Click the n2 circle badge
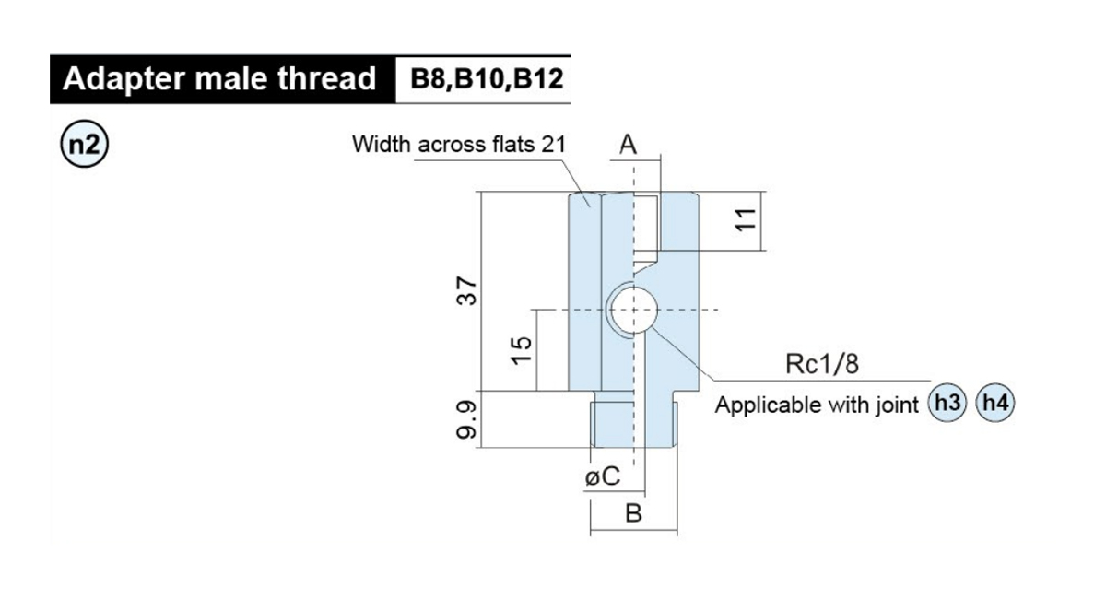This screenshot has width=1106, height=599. (84, 144)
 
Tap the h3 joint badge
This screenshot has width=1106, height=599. (947, 403)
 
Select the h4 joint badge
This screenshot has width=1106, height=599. (994, 403)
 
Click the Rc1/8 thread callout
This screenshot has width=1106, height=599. (822, 364)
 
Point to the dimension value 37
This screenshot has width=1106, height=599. (466, 291)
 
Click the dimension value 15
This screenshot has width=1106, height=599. (522, 350)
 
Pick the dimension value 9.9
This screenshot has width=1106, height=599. (466, 419)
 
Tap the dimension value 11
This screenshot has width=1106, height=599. (746, 219)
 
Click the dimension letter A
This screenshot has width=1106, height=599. (628, 144)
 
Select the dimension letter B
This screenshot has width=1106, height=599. (633, 513)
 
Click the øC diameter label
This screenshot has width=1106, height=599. (603, 476)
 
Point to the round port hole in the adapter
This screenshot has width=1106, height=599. (633, 310)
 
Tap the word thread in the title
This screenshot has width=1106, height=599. (327, 78)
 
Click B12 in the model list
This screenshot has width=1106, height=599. (538, 78)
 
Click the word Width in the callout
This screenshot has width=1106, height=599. (382, 144)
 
